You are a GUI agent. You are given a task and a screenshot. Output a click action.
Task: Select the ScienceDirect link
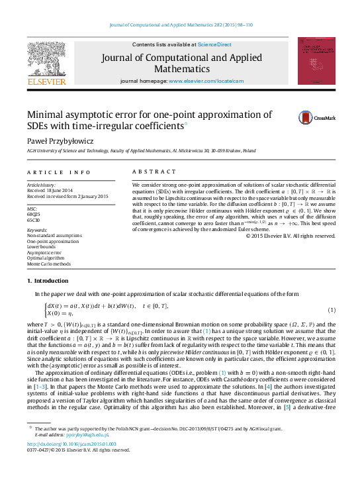coord(214,44)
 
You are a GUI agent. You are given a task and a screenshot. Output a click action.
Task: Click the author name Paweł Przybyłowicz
coord(60,140)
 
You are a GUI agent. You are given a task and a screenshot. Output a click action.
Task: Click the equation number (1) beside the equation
coord(332,310)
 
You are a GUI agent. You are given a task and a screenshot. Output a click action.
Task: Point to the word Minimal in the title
coord(50,114)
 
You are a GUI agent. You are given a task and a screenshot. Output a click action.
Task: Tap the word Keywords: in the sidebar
coord(38,230)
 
